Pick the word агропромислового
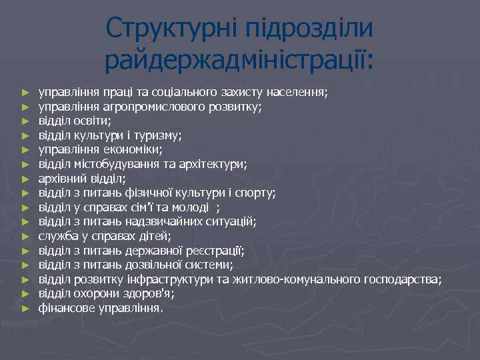click(141, 106)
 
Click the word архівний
click(59, 179)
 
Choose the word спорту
click(257, 193)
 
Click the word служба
click(55, 236)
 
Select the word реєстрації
click(217, 251)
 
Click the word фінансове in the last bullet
click(66, 308)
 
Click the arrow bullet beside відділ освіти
click(25, 121)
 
